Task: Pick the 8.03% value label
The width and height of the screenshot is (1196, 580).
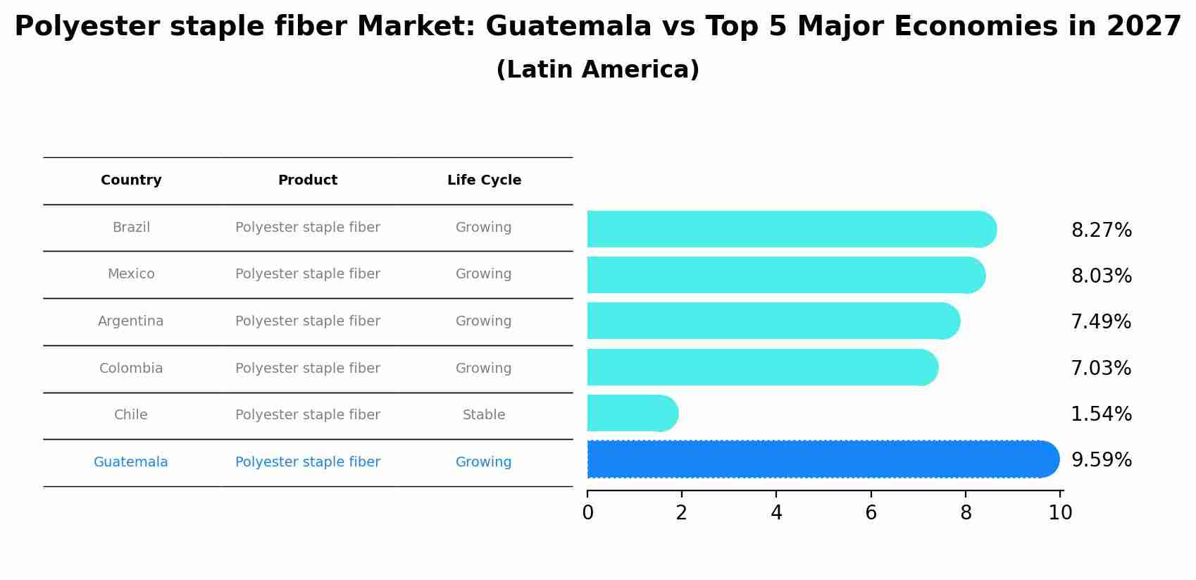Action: point(1101,276)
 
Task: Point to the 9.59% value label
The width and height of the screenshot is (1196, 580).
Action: point(1101,460)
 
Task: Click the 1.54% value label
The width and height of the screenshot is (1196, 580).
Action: point(1101,414)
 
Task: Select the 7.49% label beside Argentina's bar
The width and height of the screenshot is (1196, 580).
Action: point(1100,322)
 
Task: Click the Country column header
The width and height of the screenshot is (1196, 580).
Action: point(131,180)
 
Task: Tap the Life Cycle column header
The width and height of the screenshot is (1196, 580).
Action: point(484,180)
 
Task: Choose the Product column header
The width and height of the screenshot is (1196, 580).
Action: point(307,180)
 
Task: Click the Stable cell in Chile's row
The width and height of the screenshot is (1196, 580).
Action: point(483,415)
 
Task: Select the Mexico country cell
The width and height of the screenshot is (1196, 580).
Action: point(131,274)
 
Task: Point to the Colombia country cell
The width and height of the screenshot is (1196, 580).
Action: point(131,369)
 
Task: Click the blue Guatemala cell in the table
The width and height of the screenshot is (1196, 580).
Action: point(131,462)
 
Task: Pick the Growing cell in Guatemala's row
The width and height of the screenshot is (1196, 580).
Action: point(483,462)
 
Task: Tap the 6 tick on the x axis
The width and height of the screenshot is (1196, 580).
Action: point(871,513)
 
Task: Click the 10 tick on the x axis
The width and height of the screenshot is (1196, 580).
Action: point(1059,513)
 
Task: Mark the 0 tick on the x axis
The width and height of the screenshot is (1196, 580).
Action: point(587,513)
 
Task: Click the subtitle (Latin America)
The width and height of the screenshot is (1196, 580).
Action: point(597,70)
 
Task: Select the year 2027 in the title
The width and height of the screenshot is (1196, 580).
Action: point(1143,27)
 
